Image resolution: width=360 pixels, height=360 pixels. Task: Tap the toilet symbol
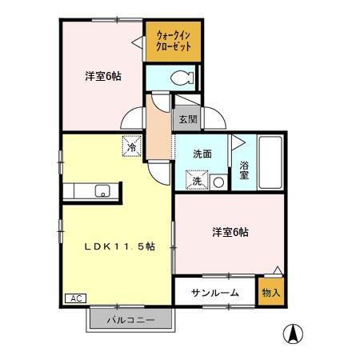coord(182,78)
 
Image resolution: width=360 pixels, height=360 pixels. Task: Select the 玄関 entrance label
coord(187,119)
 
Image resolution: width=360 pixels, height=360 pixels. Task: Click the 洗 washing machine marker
coord(196,182)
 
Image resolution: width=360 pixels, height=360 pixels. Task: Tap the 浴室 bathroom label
coord(244,170)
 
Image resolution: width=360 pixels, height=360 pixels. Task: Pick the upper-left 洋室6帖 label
coord(102,77)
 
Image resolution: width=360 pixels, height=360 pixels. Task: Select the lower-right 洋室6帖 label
coord(230,232)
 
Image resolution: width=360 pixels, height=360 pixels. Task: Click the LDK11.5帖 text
coord(119,246)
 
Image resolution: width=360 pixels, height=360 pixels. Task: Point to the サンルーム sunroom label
coord(214,293)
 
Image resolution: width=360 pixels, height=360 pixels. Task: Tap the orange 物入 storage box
coord(270,293)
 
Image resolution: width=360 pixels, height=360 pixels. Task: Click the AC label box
coord(75,298)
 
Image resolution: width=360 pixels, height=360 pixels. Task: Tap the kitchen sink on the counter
coord(102,190)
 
